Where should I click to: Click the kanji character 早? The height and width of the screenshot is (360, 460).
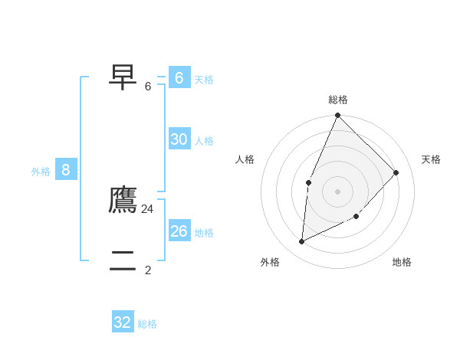123,77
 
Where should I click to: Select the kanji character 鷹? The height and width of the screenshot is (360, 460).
123,200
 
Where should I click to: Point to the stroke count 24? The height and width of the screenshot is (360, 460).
147,208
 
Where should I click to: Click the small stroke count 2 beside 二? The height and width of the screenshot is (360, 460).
148,270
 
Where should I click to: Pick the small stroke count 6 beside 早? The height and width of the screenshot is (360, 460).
148,86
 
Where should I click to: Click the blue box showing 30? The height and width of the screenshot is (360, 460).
179,139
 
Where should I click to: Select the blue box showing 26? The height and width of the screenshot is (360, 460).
179,231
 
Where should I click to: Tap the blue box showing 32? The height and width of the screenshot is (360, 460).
123,322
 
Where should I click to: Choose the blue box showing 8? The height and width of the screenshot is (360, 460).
66,169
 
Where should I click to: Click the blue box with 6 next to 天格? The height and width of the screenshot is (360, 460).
179,77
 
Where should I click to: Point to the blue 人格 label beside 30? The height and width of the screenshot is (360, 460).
204,141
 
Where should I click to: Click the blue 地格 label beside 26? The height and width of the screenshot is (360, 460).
204,233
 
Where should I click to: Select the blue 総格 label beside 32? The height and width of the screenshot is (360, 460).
147,325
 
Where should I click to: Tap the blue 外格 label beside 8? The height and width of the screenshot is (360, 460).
41,172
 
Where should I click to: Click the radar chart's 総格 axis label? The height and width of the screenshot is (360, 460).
338,100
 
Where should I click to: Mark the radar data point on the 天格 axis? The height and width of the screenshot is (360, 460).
396,172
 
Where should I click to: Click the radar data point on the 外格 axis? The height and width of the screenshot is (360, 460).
302,241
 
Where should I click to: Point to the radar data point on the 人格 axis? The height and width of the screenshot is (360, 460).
308,182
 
